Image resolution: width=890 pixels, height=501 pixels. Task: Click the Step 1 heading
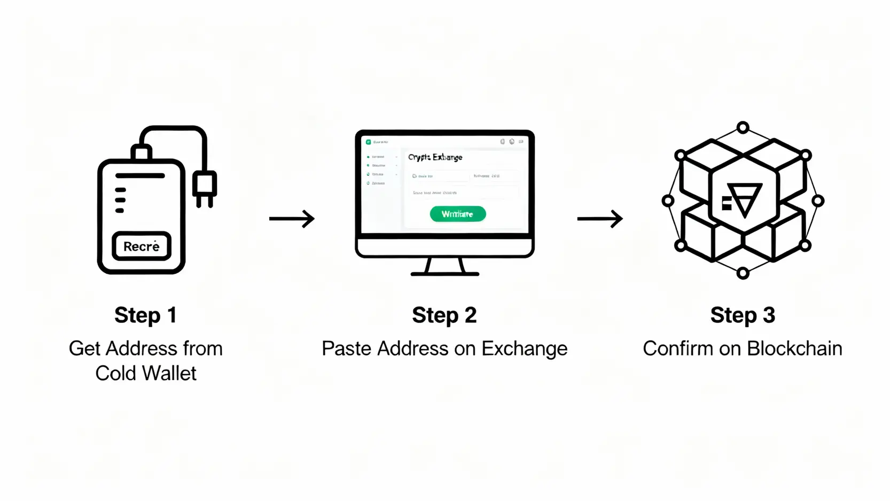tap(145, 315)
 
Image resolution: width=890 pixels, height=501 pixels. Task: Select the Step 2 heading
tap(444, 315)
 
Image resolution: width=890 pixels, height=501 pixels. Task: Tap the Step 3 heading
tap(742, 315)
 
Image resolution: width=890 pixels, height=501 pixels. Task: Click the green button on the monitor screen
tap(458, 214)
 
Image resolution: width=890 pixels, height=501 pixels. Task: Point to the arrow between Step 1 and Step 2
tap(292, 218)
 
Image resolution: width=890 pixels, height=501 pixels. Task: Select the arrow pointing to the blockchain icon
tap(600, 218)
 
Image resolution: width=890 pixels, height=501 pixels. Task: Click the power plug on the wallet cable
tap(205, 188)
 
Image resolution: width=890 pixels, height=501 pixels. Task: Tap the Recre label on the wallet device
tap(142, 246)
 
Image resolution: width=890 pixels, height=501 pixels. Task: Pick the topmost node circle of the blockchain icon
tap(743, 127)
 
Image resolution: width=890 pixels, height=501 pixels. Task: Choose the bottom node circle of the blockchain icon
tap(743, 273)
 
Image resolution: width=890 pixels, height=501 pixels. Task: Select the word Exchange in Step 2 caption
tap(524, 349)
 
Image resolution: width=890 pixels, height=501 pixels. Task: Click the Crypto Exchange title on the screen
tap(435, 157)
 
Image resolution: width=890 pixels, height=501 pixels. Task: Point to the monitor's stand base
tap(444, 273)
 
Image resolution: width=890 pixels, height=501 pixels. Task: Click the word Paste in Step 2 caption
tap(347, 349)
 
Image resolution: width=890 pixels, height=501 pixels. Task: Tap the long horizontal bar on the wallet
tap(140, 175)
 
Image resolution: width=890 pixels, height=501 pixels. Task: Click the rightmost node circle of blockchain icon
tap(818, 201)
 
